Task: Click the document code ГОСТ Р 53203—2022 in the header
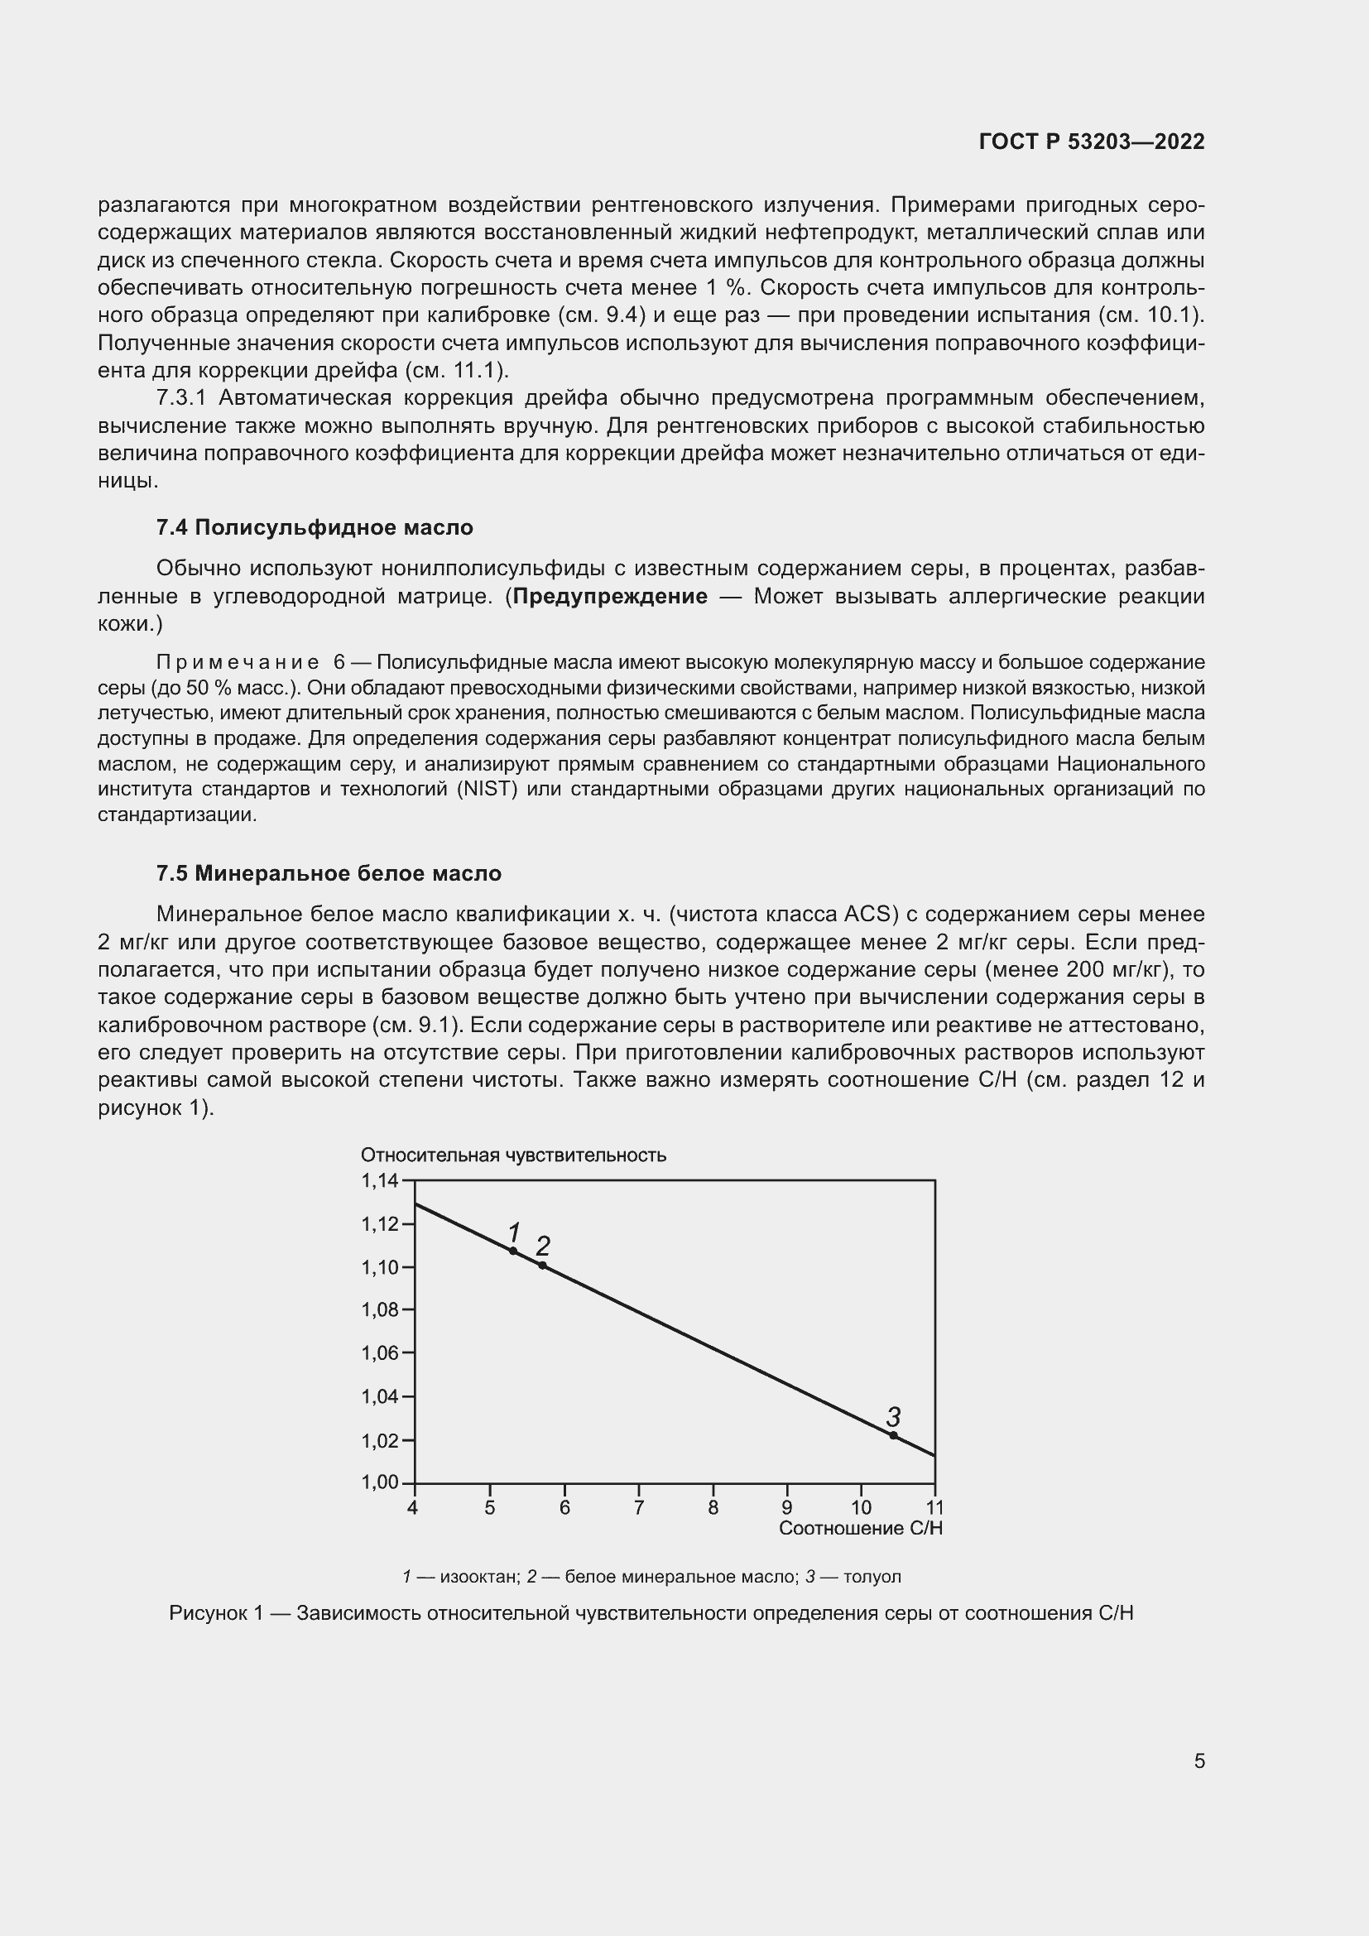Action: (x=1092, y=142)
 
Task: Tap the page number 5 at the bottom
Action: (x=1198, y=1761)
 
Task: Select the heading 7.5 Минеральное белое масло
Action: (x=329, y=873)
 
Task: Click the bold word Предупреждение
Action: (x=610, y=597)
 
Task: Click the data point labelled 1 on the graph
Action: (x=512, y=1251)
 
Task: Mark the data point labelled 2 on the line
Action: (x=542, y=1265)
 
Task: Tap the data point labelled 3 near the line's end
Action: (x=894, y=1435)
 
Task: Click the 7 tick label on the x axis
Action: (x=639, y=1507)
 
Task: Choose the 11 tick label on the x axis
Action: (x=934, y=1507)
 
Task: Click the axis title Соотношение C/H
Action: (x=860, y=1528)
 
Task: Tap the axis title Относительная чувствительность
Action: (x=513, y=1155)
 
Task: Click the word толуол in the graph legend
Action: (x=872, y=1577)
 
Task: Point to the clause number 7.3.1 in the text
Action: (x=181, y=398)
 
